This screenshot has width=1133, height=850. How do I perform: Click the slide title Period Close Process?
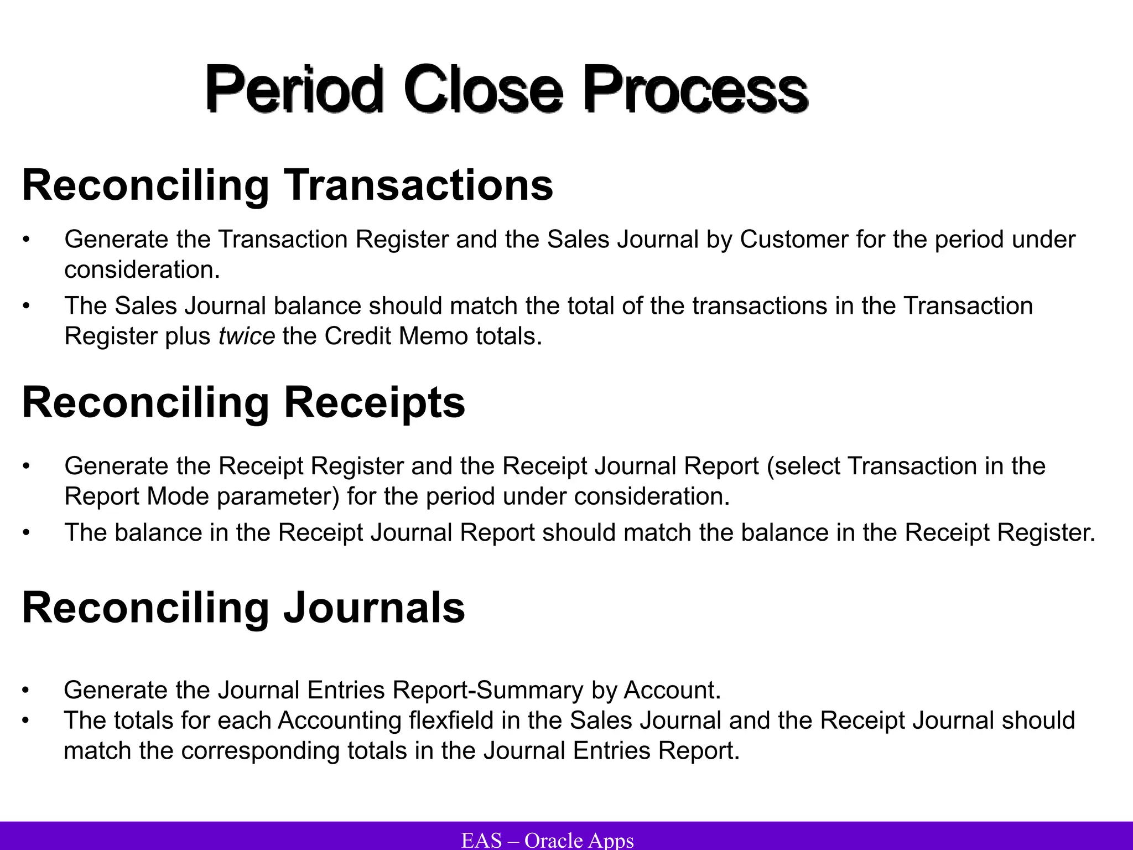pos(506,89)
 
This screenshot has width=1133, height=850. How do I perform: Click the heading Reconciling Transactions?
pos(287,185)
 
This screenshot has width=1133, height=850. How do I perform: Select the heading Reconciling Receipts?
pos(243,402)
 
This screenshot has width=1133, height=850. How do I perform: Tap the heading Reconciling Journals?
pos(243,608)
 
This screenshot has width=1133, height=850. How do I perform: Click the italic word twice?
pos(247,336)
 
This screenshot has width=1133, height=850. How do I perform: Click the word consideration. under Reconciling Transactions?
pos(142,270)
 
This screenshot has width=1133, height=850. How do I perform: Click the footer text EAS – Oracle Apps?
pos(548,840)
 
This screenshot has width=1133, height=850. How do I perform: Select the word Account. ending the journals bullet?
pos(673,690)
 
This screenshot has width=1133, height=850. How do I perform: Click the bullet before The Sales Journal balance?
pos(25,306)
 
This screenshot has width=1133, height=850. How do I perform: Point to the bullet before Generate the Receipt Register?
pos(25,467)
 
